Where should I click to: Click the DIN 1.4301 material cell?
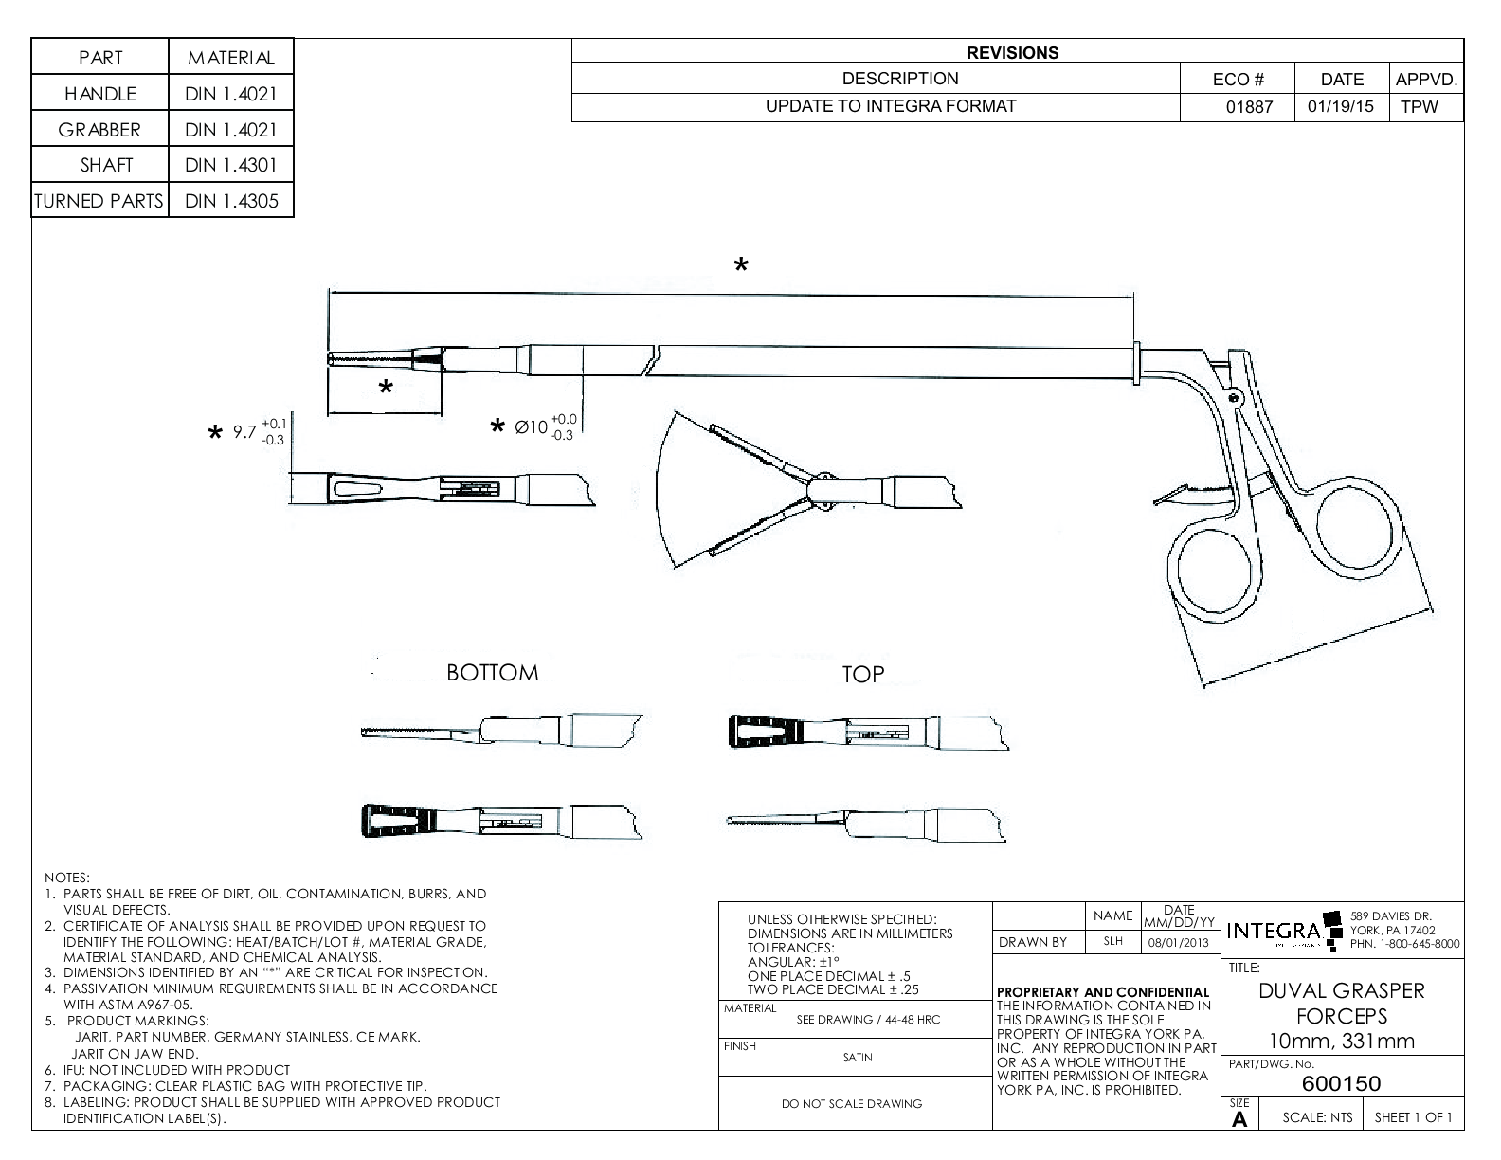pos(231,165)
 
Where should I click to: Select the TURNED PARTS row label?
pos(99,201)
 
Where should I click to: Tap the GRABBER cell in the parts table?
pos(99,130)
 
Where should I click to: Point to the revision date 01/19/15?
pos(1341,107)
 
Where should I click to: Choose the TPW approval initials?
pos(1419,107)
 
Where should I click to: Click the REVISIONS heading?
pos(1012,53)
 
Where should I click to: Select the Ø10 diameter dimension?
pos(532,427)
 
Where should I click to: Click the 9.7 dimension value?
pos(245,432)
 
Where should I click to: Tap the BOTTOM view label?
pos(492,673)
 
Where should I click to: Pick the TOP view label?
pos(862,674)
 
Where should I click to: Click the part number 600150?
pos(1341,1083)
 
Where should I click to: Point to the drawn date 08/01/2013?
pos(1179,943)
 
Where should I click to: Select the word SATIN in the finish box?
pos(857,1058)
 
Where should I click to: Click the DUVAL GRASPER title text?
pos(1341,991)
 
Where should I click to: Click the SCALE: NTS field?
pos(1317,1117)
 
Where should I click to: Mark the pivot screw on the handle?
pos(1234,400)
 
